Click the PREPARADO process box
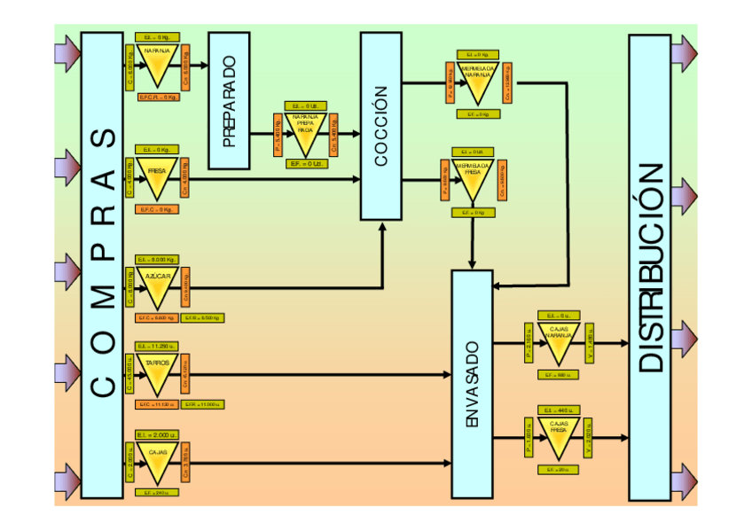tap(229, 100)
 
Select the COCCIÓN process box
tap(380, 126)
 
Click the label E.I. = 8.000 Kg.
tap(158, 259)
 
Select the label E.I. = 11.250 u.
tap(158, 346)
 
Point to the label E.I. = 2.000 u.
tap(158, 434)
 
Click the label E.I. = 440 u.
tap(559, 410)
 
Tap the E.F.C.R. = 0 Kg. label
tap(158, 97)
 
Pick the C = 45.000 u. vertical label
tap(130, 376)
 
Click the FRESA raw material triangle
tap(157, 177)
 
